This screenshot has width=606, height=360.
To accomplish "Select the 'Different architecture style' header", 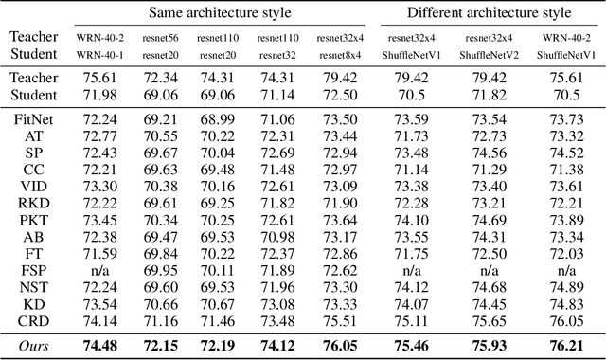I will pyautogui.click(x=489, y=12).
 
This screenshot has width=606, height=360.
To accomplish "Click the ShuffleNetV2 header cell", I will pyautogui.click(x=489, y=56).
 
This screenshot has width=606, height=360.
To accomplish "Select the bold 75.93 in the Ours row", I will pyautogui.click(x=489, y=346).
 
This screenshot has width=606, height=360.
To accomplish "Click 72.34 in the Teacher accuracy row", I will pyautogui.click(x=160, y=80).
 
